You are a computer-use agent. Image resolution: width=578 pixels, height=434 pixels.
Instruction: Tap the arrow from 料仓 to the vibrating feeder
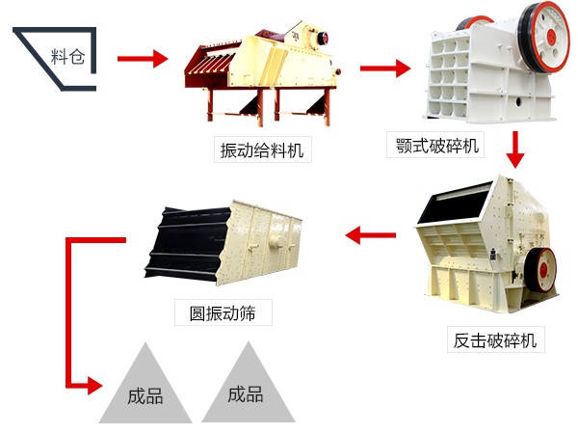(144, 59)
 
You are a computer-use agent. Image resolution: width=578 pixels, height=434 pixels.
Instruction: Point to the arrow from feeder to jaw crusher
(384, 68)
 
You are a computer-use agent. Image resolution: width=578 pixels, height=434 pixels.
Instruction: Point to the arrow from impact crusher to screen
(371, 233)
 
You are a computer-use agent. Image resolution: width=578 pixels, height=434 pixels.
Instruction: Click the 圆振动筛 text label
(223, 312)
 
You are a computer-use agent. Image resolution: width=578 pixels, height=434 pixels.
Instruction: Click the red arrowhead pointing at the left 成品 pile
(92, 386)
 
